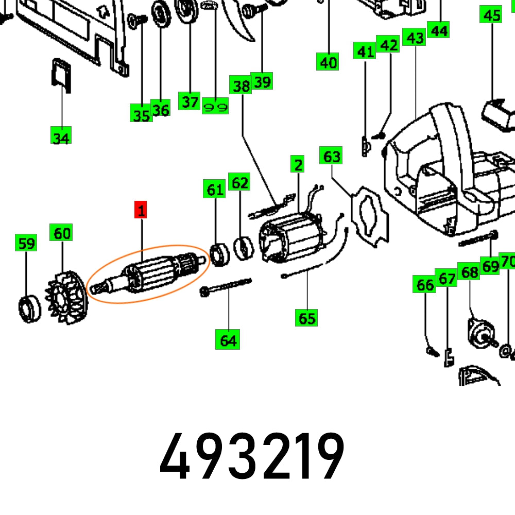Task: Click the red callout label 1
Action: coord(141,210)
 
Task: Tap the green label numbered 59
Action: coord(26,243)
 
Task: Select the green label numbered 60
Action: coord(61,233)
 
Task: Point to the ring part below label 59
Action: coord(29,308)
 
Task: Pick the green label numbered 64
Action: coord(228,339)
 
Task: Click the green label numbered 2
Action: coord(297,164)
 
